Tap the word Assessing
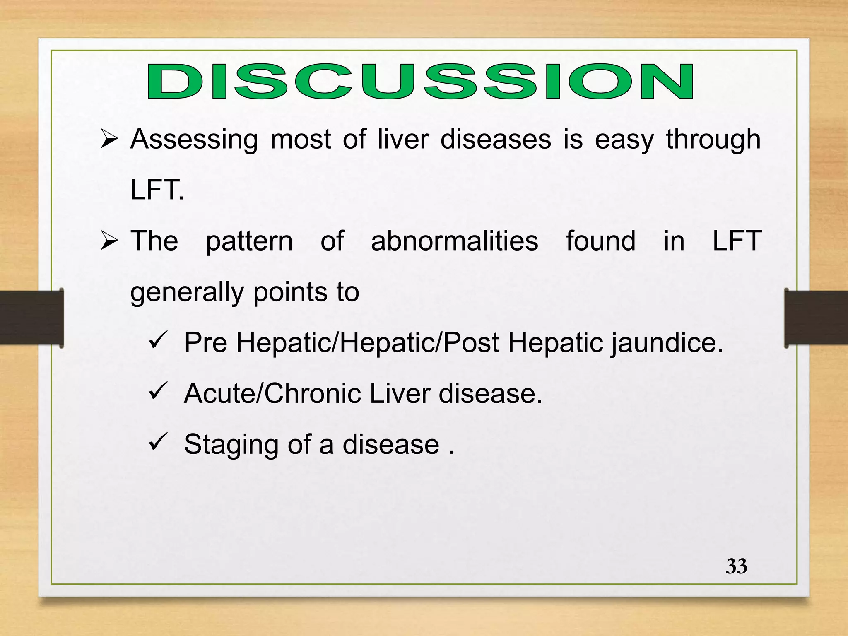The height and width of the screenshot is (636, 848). pyautogui.click(x=194, y=140)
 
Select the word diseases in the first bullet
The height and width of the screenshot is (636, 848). pyautogui.click(x=496, y=140)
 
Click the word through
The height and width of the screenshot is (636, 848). pyautogui.click(x=713, y=140)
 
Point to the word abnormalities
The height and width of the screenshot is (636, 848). pyautogui.click(x=454, y=241)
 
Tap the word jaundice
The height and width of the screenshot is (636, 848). pyautogui.click(x=667, y=343)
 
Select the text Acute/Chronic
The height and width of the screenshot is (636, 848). pyautogui.click(x=273, y=393)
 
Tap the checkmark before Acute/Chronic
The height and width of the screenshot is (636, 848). pyautogui.click(x=157, y=391)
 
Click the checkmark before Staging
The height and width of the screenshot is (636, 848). pyautogui.click(x=157, y=442)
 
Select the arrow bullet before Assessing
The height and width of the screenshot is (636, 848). pyautogui.click(x=109, y=140)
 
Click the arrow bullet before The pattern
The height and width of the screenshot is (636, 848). pyautogui.click(x=109, y=241)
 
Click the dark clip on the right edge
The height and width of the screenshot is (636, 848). pyautogui.click(x=816, y=318)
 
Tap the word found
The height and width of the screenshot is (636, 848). pyautogui.click(x=600, y=241)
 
